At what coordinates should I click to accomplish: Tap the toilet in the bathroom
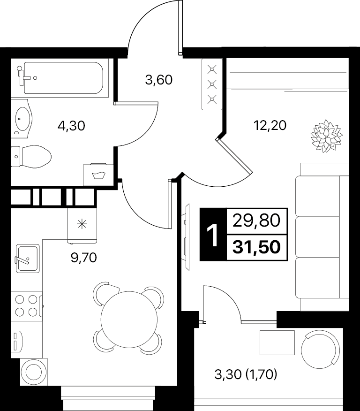31,157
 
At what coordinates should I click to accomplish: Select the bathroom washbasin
22,118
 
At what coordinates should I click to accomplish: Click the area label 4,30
71,126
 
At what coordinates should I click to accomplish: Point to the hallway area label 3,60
159,80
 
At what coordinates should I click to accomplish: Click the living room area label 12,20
270,125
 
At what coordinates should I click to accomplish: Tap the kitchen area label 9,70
84,258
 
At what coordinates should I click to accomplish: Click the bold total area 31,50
256,247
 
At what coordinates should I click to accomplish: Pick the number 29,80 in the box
256,221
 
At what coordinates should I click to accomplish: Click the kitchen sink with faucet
28,259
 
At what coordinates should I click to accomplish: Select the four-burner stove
26,305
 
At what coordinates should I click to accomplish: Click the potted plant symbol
327,136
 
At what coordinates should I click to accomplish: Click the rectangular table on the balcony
277,342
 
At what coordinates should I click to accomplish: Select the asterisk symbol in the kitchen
82,224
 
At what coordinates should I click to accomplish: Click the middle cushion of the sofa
317,237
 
